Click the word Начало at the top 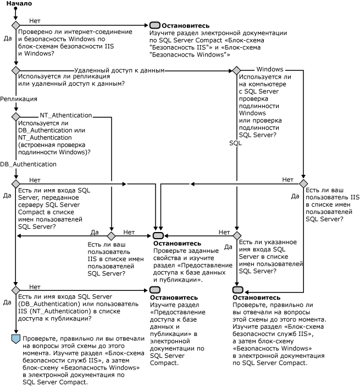click(19, 4)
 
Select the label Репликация click(19, 99)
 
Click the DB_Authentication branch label click(28, 164)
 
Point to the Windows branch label click(270, 69)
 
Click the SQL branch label click(235, 142)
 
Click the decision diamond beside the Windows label click(236, 70)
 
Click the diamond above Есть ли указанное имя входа click(236, 235)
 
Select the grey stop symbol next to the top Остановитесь click(154, 25)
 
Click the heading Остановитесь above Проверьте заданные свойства click(177, 244)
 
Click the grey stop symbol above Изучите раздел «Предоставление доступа click(154, 290)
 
